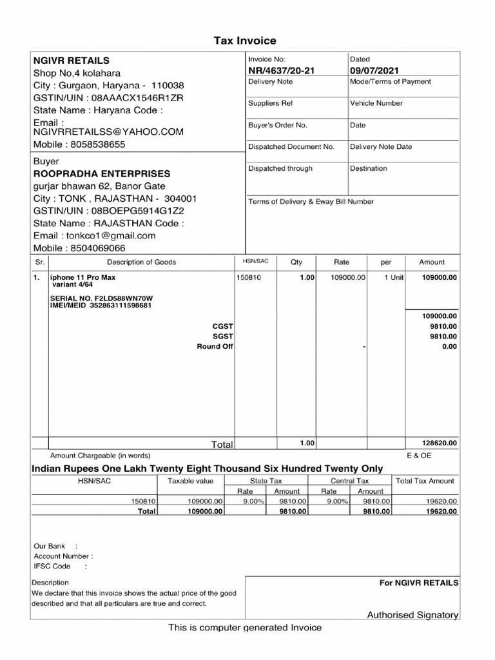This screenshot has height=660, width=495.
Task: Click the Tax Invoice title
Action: click(x=245, y=41)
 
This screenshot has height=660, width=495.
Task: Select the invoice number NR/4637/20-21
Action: click(x=281, y=70)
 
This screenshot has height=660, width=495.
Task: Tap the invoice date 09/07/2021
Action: click(x=375, y=70)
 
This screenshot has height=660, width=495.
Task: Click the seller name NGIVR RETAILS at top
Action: click(x=72, y=60)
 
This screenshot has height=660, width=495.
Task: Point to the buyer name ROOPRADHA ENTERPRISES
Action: click(x=102, y=173)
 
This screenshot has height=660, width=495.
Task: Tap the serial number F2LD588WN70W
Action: click(x=127, y=298)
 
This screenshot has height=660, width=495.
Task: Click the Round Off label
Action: click(x=215, y=347)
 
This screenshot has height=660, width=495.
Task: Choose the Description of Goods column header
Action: click(x=141, y=262)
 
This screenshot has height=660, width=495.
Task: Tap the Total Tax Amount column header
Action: click(x=425, y=481)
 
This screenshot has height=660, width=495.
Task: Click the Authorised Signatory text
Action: click(x=412, y=615)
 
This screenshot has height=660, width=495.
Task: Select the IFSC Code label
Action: click(x=52, y=566)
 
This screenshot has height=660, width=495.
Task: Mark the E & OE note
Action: click(x=419, y=455)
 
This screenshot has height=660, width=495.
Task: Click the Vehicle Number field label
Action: click(x=376, y=103)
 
